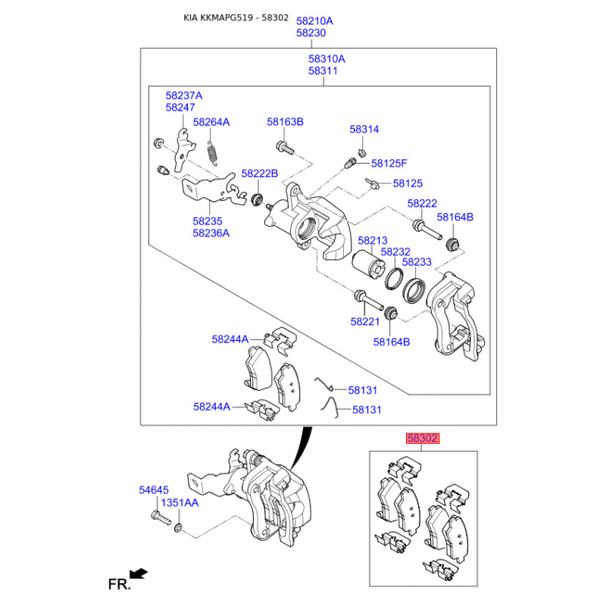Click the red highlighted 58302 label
[423, 438]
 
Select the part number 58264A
[211, 122]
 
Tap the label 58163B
[285, 122]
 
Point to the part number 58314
[364, 130]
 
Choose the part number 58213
[373, 241]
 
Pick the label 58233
[417, 262]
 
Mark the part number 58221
[365, 321]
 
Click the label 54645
[154, 490]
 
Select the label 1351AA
[180, 502]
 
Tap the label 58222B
[260, 173]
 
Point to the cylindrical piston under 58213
[370, 264]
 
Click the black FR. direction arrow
[138, 573]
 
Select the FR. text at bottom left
[119, 584]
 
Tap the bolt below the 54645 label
[158, 519]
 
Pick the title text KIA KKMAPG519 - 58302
[236, 17]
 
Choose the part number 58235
[208, 221]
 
